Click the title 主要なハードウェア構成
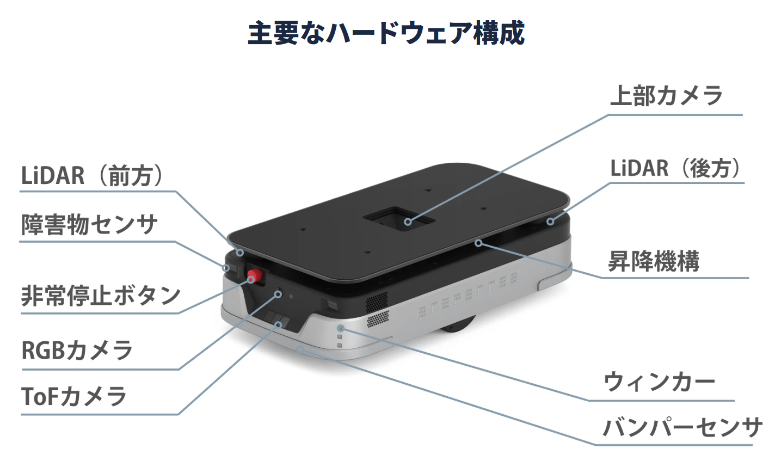[386, 33]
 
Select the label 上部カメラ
[666, 96]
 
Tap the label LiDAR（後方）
[675, 168]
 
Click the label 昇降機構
[654, 262]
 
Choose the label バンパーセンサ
[682, 428]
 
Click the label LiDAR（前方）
[92, 176]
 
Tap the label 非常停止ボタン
[101, 296]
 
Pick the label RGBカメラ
[77, 350]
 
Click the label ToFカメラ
[74, 397]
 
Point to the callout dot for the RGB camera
[278, 294]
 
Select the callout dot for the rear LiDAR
[550, 222]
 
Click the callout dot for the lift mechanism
[478, 243]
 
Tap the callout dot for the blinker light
[341, 328]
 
